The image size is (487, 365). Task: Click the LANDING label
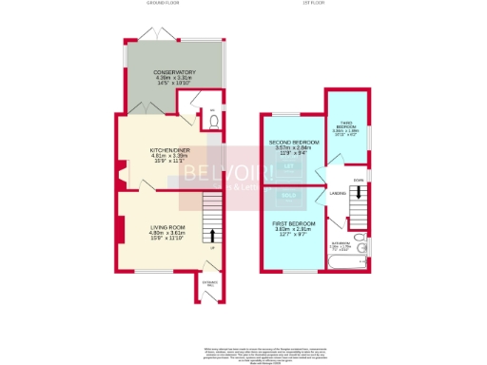click(x=337, y=196)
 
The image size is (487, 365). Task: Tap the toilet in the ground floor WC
click(x=213, y=122)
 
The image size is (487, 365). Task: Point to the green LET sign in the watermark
click(x=286, y=168)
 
